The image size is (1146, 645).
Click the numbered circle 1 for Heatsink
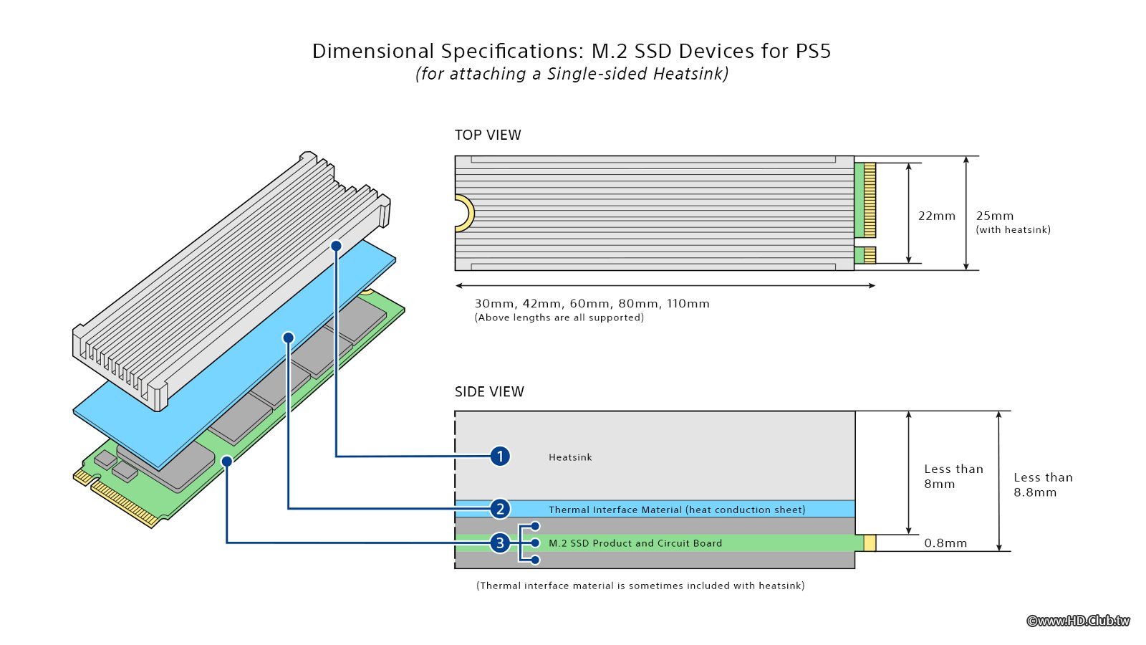(x=500, y=456)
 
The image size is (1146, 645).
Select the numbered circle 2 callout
(x=500, y=509)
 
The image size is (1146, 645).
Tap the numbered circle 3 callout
(x=500, y=543)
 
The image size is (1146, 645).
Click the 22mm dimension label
(x=937, y=216)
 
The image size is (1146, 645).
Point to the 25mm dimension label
(x=995, y=216)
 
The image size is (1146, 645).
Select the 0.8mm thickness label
(x=945, y=543)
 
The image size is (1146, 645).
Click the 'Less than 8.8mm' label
(x=1043, y=484)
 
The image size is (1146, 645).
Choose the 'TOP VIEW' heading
(x=488, y=135)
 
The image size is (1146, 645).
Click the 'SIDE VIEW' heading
(x=489, y=391)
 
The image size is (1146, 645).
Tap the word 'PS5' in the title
(x=813, y=51)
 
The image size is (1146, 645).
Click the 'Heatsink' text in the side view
(x=570, y=457)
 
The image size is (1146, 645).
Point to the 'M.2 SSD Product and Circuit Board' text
(x=635, y=543)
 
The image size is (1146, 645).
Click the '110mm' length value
(x=688, y=303)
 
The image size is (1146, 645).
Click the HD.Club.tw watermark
(x=1078, y=621)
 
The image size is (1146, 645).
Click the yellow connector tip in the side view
(x=870, y=543)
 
